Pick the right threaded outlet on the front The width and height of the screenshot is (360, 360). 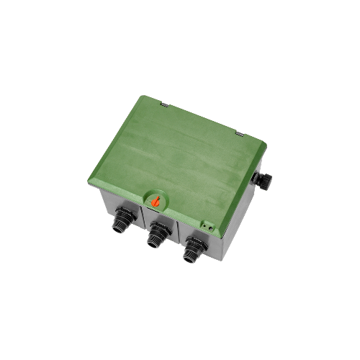[193, 248]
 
